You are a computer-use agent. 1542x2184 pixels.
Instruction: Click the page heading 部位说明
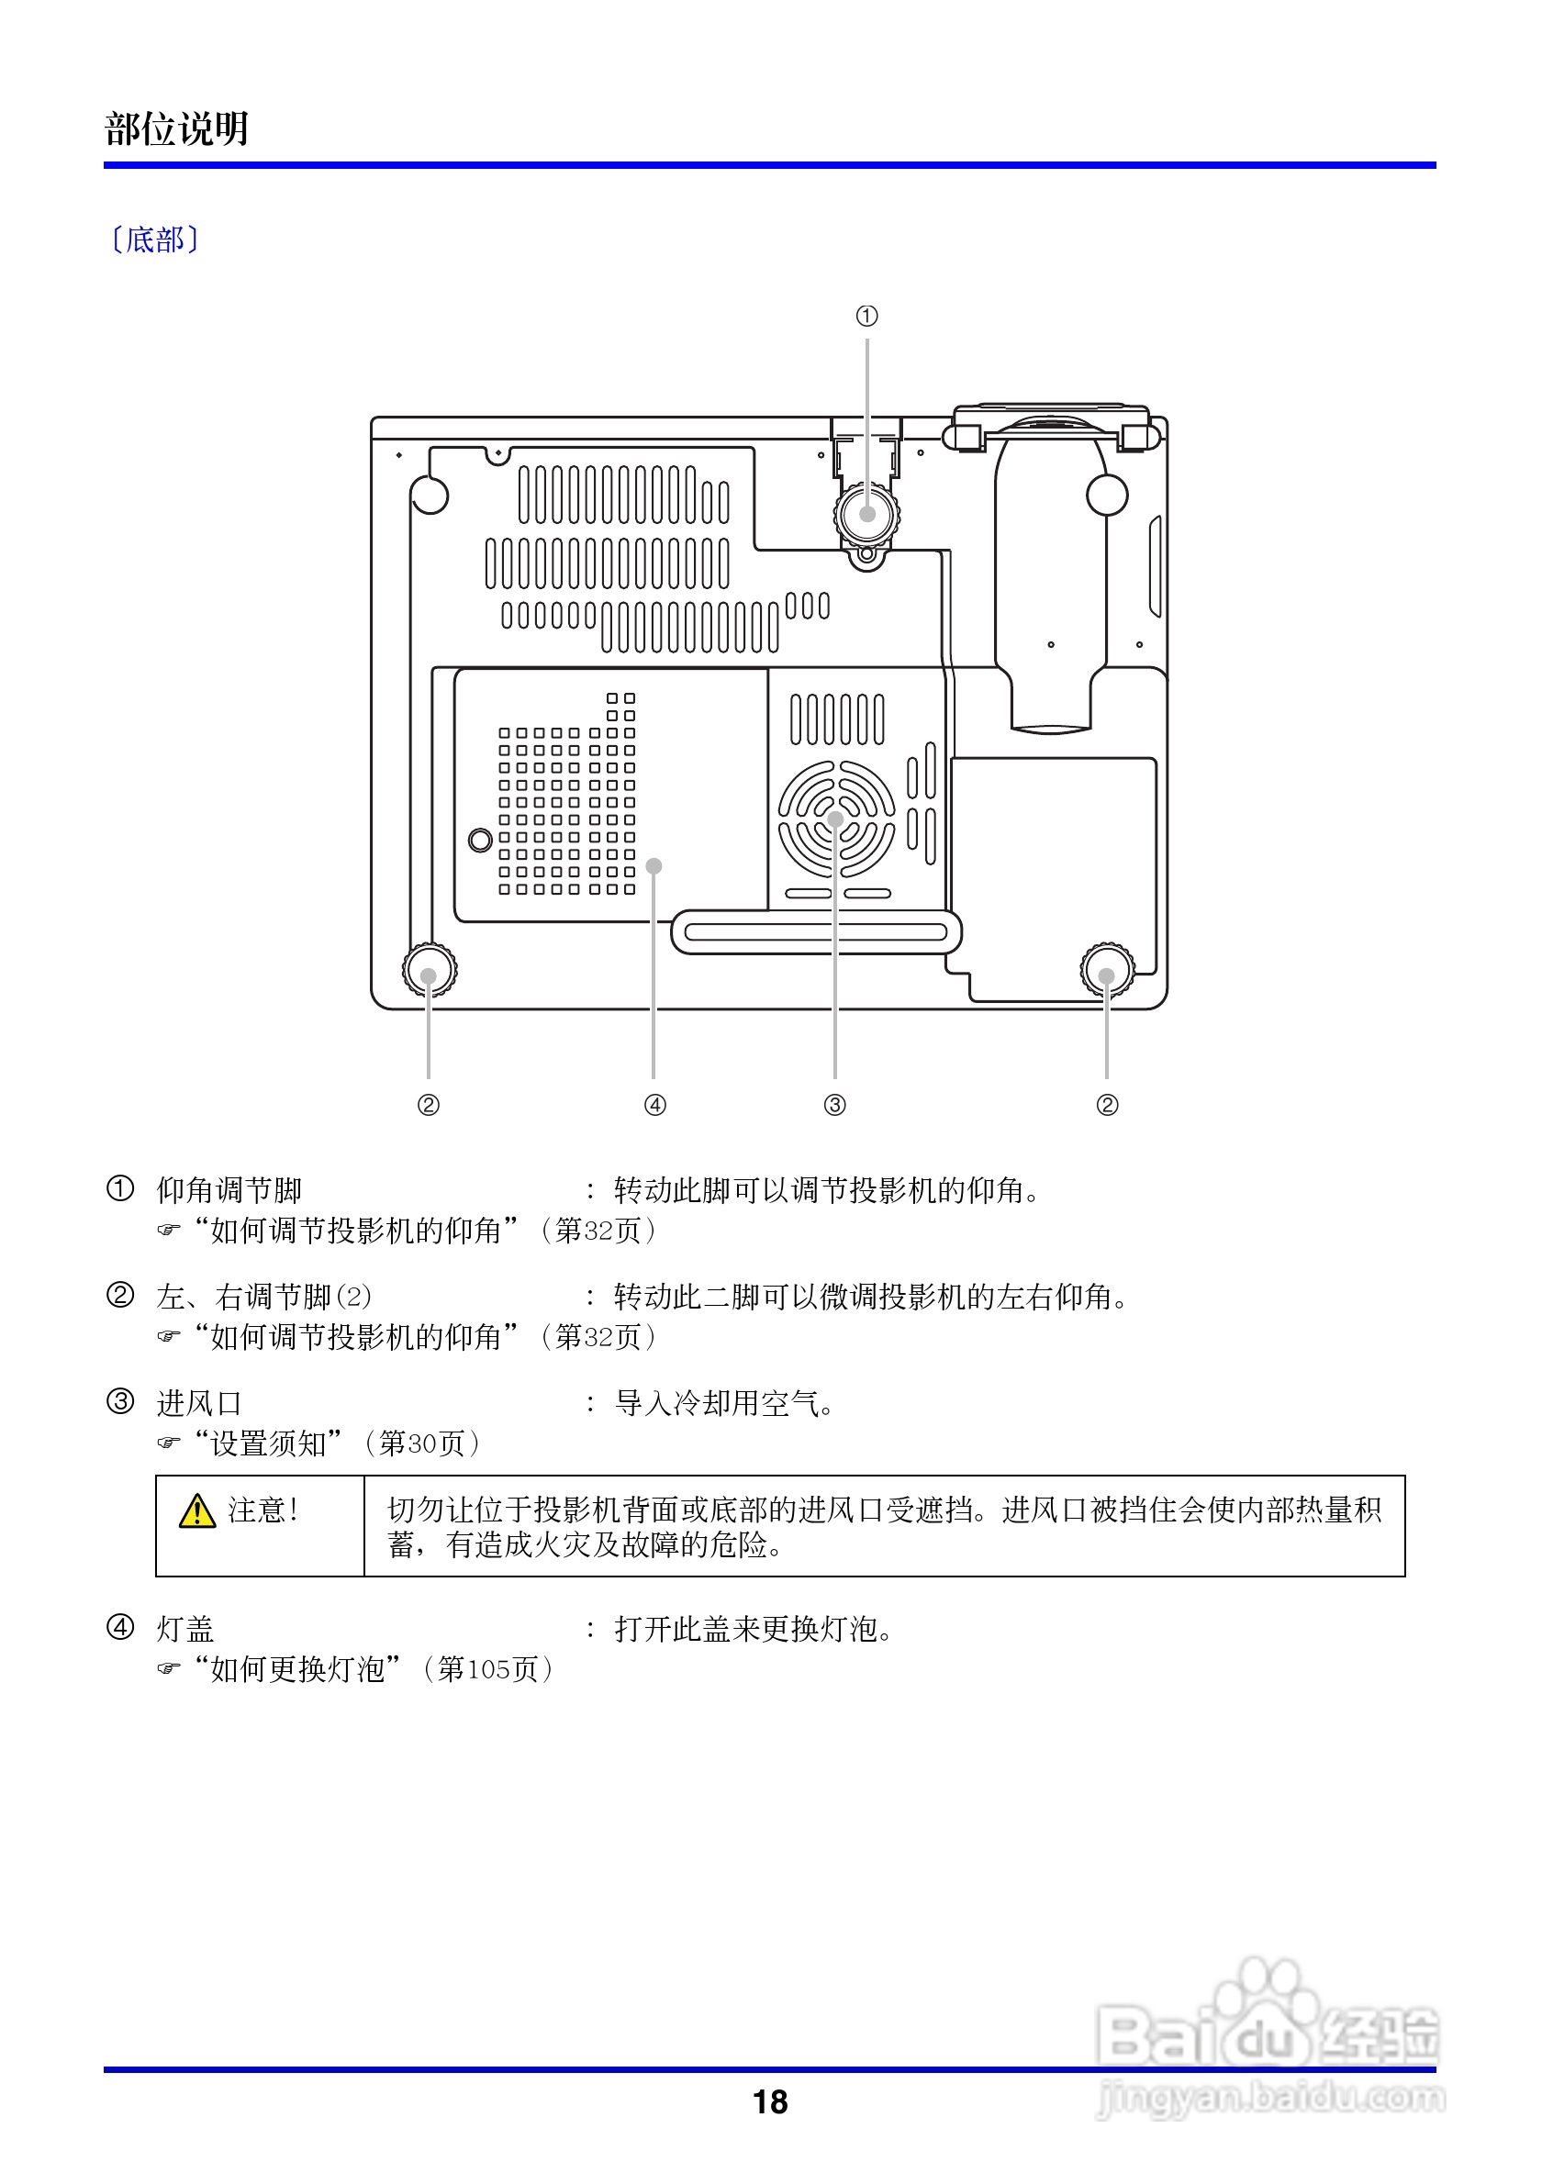[177, 128]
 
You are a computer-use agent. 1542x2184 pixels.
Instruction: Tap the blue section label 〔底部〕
[155, 240]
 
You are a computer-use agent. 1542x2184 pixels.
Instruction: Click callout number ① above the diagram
[866, 316]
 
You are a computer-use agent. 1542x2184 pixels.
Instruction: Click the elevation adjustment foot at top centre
[866, 514]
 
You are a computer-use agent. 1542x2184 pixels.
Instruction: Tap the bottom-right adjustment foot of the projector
[1107, 970]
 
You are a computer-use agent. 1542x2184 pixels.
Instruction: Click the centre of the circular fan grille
[835, 819]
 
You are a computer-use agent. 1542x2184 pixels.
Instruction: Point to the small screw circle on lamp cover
[480, 840]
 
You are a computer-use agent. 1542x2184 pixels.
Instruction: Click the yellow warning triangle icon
[197, 1510]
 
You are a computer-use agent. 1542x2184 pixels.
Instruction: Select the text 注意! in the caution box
[263, 1510]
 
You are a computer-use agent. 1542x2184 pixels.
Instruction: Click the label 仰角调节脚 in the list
[229, 1190]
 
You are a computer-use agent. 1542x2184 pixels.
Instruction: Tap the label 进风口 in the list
[199, 1403]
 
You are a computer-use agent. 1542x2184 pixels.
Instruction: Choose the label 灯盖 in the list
[185, 1630]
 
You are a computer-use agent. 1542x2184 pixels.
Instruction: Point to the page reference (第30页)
[421, 1444]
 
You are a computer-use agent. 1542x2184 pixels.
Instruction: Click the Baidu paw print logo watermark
[1266, 2008]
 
